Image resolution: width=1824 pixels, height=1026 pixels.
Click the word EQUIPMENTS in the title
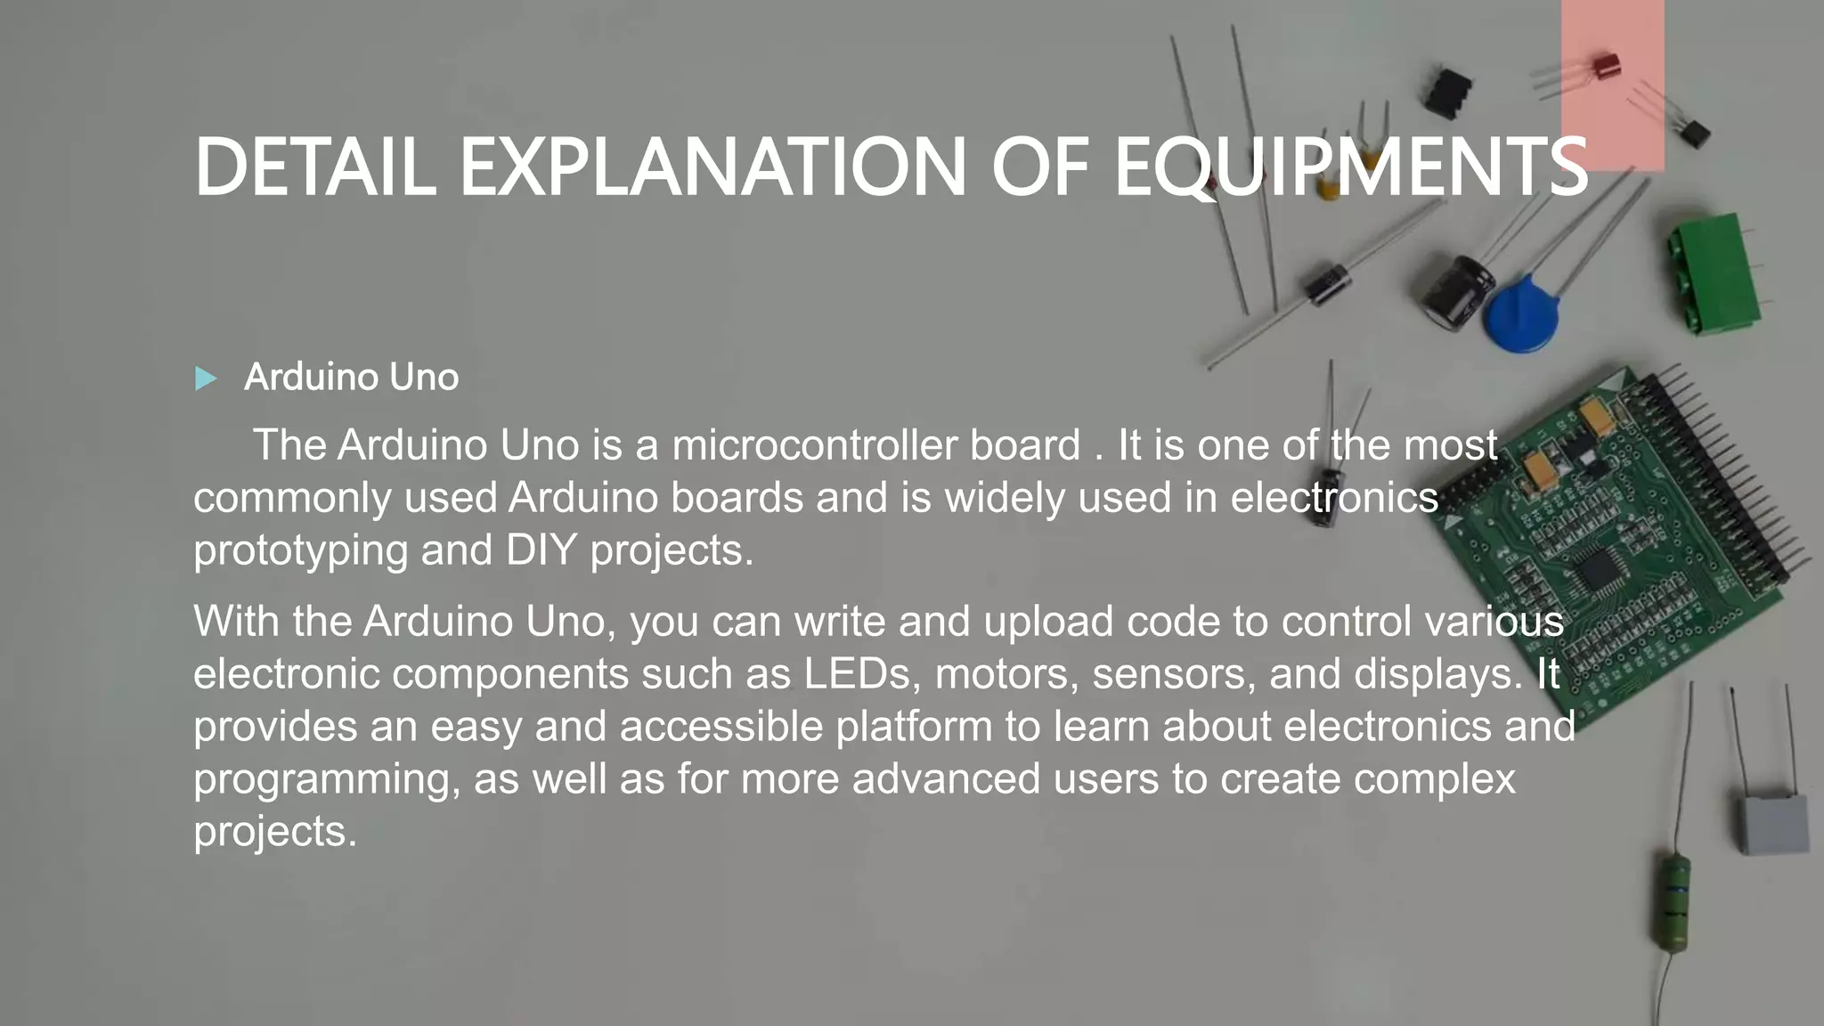pyautogui.click(x=1350, y=167)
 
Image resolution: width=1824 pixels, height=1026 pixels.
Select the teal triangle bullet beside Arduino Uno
pyautogui.click(x=206, y=379)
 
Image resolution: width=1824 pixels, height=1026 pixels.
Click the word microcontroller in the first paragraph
pyautogui.click(x=875, y=445)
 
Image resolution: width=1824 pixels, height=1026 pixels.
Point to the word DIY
pyautogui.click(x=541, y=550)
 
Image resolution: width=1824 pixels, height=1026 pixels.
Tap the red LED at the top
pyautogui.click(x=1606, y=66)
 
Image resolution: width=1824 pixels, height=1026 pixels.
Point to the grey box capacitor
pyautogui.click(x=1774, y=825)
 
